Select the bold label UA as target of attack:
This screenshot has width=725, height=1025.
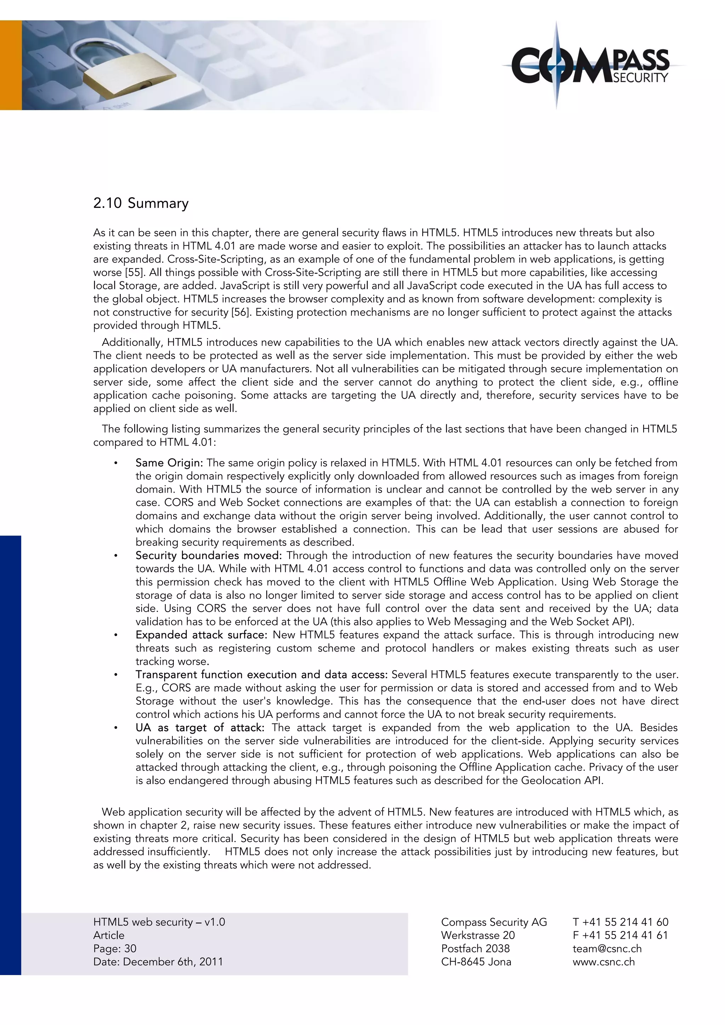coord(200,728)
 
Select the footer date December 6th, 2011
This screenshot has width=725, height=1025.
coord(173,962)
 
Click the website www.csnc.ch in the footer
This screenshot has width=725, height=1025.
coord(603,962)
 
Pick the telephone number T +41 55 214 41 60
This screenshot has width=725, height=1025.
coord(620,922)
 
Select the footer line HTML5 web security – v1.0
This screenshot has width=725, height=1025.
coord(159,922)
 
